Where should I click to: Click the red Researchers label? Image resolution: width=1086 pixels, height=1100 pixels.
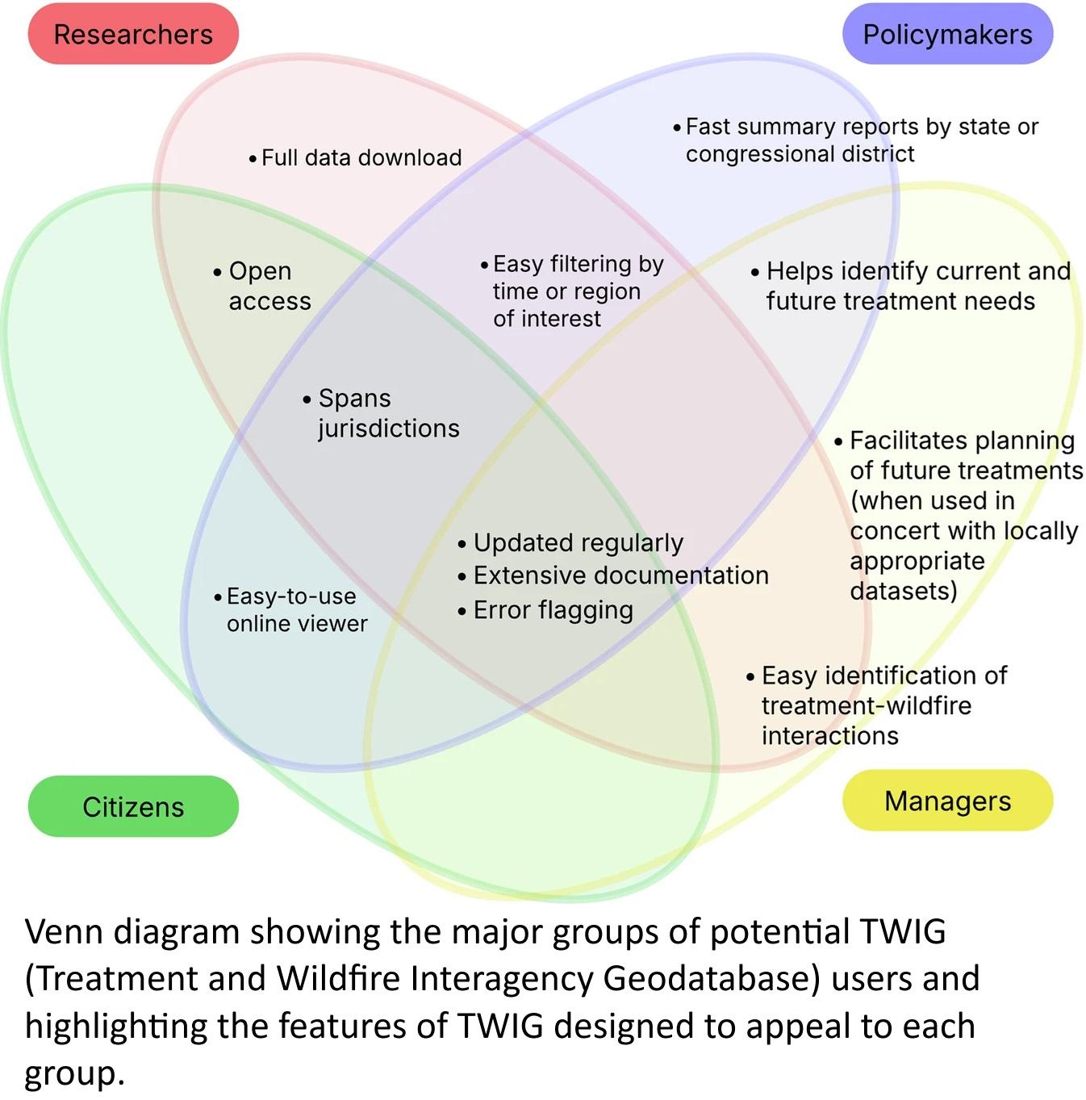coord(133,35)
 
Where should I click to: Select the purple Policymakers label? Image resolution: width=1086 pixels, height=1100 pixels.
coord(947,35)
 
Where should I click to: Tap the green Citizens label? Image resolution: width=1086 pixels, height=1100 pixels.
coord(133,807)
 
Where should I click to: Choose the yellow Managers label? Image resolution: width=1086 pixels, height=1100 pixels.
coord(947,801)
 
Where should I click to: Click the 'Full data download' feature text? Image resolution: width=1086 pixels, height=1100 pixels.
coord(361,157)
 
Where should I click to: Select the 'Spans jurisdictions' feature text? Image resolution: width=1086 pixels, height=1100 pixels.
coord(383,413)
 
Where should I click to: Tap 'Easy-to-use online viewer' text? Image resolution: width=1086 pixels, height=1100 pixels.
coord(294,610)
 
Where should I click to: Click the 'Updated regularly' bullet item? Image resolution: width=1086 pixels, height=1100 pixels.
coord(577,543)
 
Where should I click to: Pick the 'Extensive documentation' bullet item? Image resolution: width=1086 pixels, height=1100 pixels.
coord(620,575)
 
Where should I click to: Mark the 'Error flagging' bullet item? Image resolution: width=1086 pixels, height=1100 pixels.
coord(553,610)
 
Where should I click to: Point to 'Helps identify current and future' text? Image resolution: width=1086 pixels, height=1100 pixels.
coord(916,286)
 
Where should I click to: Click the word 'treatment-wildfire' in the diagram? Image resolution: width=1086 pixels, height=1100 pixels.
coord(867,705)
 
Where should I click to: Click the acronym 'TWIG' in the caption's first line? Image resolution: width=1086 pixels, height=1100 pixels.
coord(902,931)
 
